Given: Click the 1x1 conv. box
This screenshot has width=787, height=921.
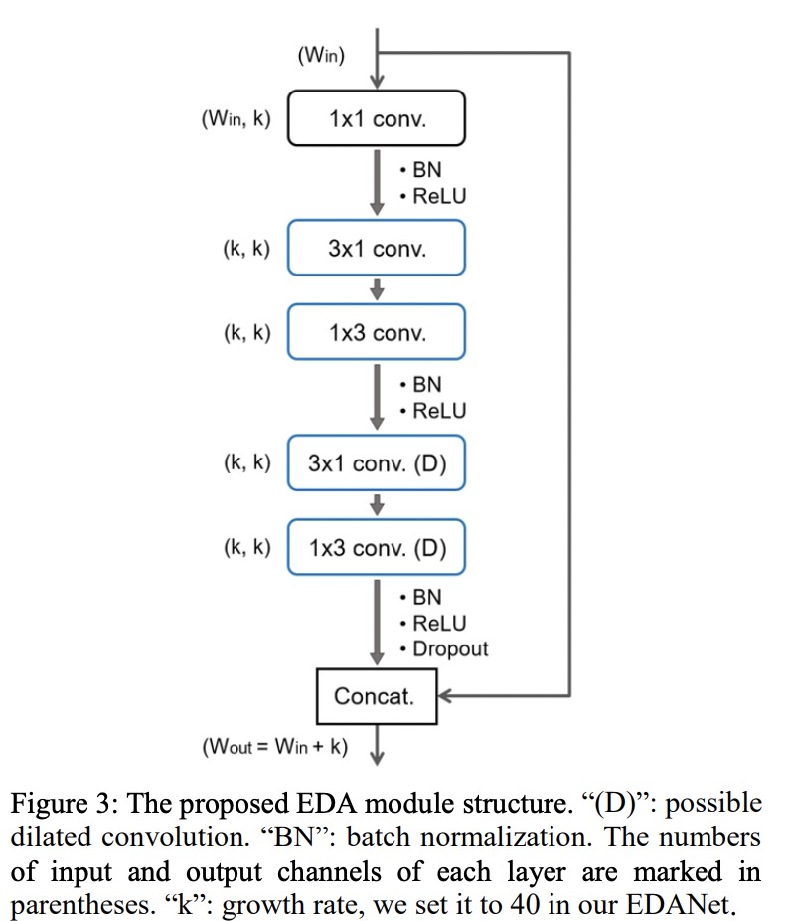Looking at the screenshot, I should [x=376, y=118].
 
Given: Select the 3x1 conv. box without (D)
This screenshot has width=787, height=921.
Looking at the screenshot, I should [x=376, y=248].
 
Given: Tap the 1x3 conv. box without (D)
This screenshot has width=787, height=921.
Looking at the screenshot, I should [x=376, y=332].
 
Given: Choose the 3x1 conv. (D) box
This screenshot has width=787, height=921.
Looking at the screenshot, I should [x=376, y=462].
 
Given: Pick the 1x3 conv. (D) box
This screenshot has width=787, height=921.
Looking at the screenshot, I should [x=376, y=547].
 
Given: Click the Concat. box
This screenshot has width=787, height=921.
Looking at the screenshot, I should [x=376, y=695].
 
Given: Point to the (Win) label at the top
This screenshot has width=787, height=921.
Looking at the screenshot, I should [x=321, y=56].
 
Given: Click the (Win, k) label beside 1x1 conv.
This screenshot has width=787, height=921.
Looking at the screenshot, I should [x=236, y=119].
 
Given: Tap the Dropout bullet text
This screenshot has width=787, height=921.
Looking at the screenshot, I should [x=449, y=648].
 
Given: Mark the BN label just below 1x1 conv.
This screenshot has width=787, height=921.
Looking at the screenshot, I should [x=426, y=170].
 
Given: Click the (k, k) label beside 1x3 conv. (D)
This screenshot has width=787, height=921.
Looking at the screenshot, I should [x=245, y=548].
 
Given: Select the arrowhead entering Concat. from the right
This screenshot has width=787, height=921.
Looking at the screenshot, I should [x=446, y=695].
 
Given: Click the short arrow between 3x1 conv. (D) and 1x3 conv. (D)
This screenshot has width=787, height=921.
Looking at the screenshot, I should [x=377, y=504].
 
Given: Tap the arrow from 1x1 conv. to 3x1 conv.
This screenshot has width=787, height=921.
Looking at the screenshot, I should [x=377, y=182].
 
